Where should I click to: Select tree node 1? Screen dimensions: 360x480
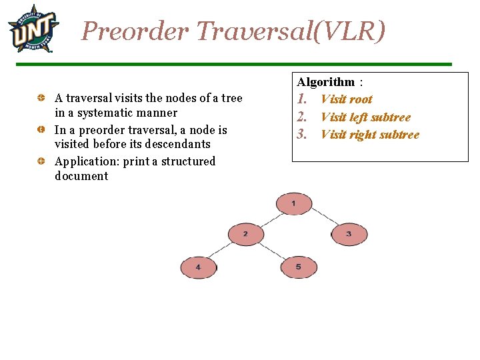tap(294, 203)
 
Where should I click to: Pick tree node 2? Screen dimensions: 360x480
tap(246, 234)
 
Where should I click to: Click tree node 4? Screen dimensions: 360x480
tap(198, 267)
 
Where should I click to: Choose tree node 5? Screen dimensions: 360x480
tap(299, 267)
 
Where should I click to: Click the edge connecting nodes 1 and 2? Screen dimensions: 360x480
tap(269, 219)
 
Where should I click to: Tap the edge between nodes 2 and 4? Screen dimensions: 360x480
tap(222, 251)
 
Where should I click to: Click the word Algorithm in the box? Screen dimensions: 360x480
tap(326, 82)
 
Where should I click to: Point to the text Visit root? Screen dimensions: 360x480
tap(346, 99)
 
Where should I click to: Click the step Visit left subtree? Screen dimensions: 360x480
tap(365, 117)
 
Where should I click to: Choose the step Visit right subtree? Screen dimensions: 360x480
tap(370, 135)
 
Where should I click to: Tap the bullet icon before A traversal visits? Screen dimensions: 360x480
tap(41, 99)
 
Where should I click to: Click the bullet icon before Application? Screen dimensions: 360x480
tap(41, 161)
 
